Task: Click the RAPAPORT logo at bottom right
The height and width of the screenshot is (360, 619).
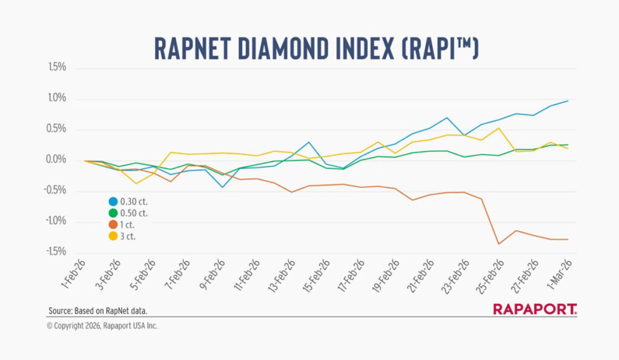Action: [535, 309]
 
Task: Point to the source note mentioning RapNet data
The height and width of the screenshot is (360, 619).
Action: [98, 311]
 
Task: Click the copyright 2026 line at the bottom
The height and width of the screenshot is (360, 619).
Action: [102, 326]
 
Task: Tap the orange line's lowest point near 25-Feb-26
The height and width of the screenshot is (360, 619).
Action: [499, 244]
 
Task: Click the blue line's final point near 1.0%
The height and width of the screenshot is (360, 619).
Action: [568, 101]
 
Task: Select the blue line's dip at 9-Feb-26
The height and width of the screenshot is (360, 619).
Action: [222, 187]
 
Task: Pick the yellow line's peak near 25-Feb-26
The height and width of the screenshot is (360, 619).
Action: [499, 128]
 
